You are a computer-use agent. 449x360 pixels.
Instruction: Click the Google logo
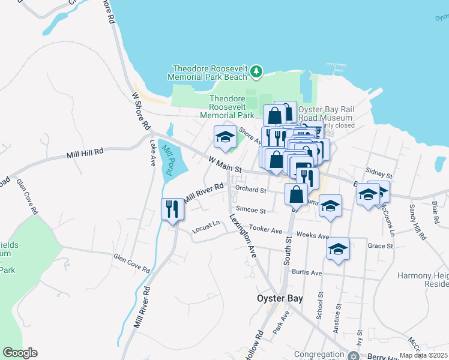(x=20, y=353)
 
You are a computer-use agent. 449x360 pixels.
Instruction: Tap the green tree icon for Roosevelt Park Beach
(x=257, y=72)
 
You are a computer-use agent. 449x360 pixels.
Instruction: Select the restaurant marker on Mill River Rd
(x=172, y=210)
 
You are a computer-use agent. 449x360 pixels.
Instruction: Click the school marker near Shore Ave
(x=225, y=137)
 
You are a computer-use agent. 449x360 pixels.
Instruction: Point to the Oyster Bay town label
(x=280, y=298)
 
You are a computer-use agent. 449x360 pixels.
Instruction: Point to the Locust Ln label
(x=206, y=227)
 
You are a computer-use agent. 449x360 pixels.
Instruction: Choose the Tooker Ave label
(x=265, y=230)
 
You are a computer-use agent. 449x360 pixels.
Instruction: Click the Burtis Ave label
(x=307, y=272)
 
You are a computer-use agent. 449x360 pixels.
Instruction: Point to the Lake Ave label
(x=152, y=153)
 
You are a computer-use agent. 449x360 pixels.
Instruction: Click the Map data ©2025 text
(x=424, y=355)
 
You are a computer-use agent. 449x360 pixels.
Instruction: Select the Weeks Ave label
(x=313, y=236)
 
